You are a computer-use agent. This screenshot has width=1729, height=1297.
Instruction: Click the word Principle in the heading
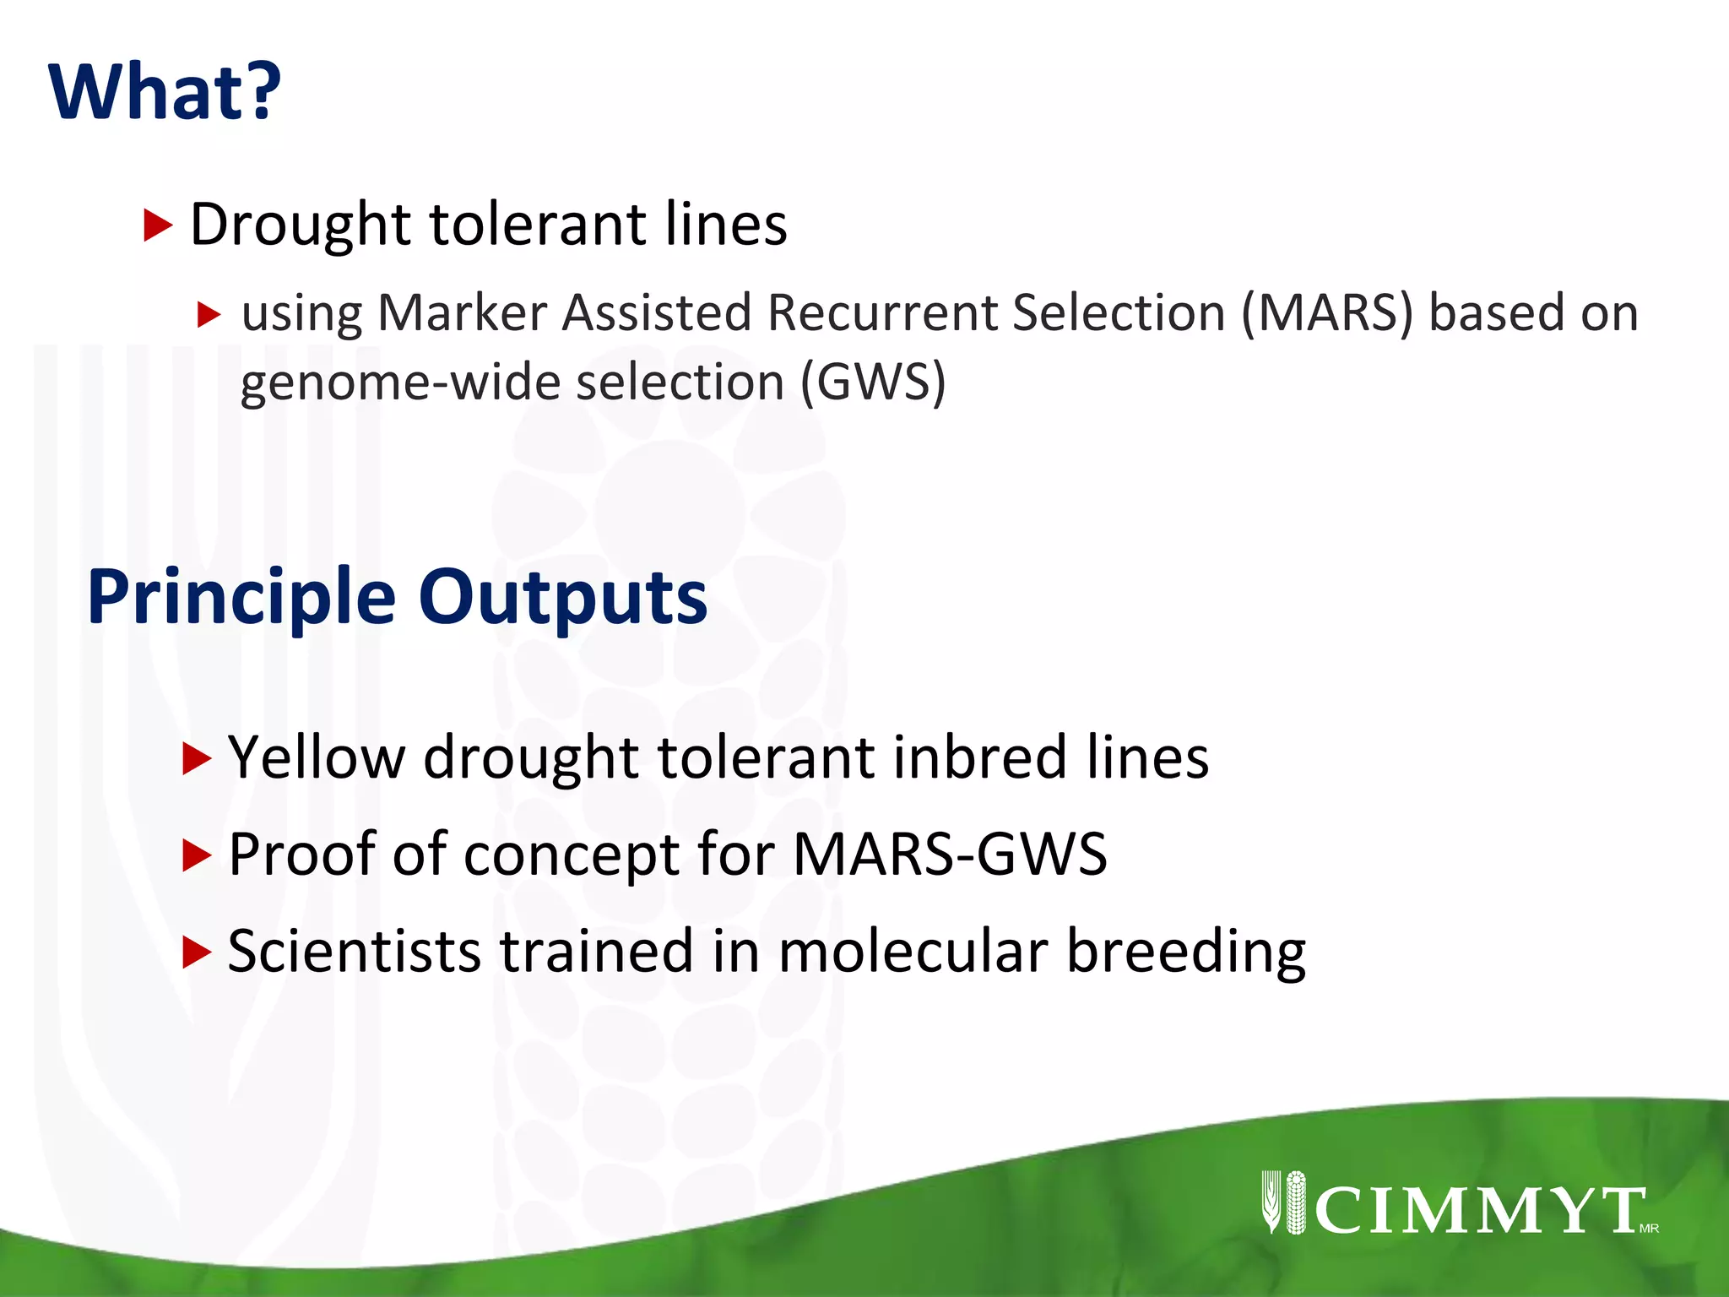pyautogui.click(x=241, y=598)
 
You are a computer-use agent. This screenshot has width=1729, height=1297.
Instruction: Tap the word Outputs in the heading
pyautogui.click(x=563, y=598)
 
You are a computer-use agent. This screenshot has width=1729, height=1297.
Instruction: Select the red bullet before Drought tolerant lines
pyautogui.click(x=158, y=225)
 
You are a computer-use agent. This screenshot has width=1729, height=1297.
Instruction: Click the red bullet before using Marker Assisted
pyautogui.click(x=208, y=315)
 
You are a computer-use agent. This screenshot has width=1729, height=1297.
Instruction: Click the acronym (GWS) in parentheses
pyautogui.click(x=873, y=383)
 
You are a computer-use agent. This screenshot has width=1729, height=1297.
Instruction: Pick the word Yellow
pyautogui.click(x=317, y=757)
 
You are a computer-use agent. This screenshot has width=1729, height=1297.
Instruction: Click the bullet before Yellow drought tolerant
pyautogui.click(x=196, y=759)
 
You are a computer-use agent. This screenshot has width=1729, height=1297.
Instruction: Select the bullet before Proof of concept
pyautogui.click(x=196, y=856)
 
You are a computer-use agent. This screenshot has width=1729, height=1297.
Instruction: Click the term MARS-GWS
pyautogui.click(x=950, y=855)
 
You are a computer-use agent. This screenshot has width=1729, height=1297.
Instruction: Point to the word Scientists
pyautogui.click(x=354, y=952)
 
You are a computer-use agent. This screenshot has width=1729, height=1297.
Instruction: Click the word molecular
pyautogui.click(x=913, y=952)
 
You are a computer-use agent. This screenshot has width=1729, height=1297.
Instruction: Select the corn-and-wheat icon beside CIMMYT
pyautogui.click(x=1284, y=1202)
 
